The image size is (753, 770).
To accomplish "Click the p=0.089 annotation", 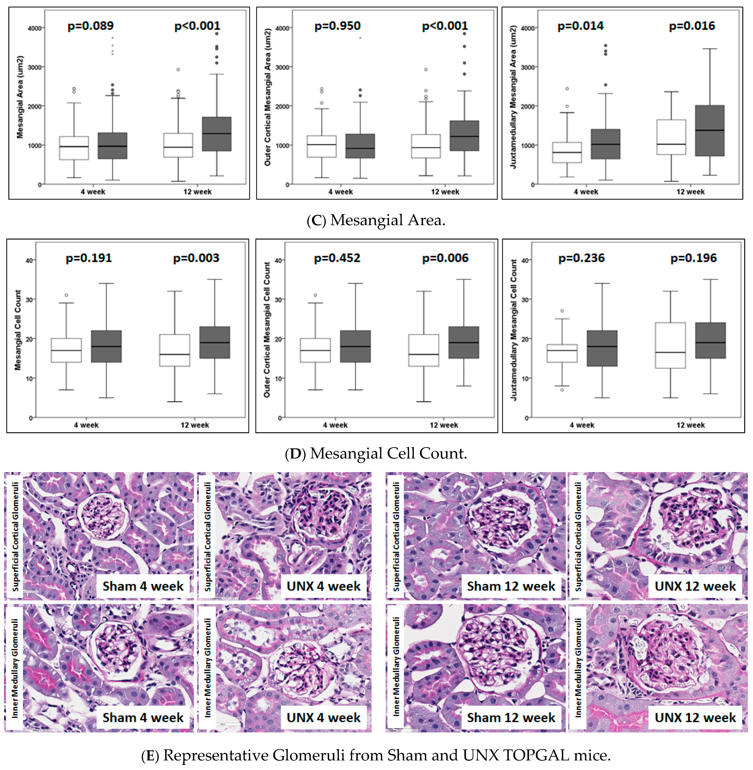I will click(91, 26).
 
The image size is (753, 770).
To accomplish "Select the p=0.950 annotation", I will click(337, 26).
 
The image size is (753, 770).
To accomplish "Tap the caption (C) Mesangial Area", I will click(376, 220).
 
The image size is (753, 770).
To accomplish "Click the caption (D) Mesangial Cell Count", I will click(376, 453).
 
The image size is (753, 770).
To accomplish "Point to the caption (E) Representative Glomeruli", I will click(376, 755).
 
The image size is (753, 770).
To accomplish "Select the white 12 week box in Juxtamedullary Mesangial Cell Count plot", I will click(670, 345).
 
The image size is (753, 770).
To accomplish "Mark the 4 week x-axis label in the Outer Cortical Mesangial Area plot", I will click(340, 192).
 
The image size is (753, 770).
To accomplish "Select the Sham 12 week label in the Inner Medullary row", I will click(511, 717).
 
